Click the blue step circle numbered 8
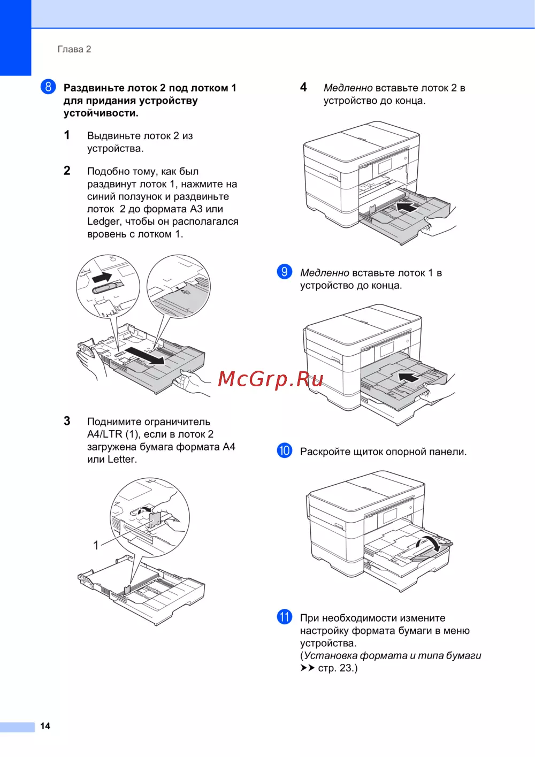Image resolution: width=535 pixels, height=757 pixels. [48, 87]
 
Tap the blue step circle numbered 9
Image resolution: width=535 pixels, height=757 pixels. [285, 272]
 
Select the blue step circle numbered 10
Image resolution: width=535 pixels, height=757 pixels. [285, 450]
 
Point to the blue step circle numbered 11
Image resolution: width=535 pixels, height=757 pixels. [285, 617]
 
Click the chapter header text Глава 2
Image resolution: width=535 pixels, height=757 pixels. [74, 49]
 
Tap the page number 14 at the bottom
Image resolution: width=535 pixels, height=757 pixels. [45, 726]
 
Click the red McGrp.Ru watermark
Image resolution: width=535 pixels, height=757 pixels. [271, 379]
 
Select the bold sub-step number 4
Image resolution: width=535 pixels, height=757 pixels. [303, 87]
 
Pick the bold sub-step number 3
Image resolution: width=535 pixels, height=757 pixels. [67, 421]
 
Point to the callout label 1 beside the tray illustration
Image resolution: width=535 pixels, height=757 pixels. [96, 545]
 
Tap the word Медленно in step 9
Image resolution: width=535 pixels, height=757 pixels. [324, 273]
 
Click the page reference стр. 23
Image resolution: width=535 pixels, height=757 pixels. [338, 668]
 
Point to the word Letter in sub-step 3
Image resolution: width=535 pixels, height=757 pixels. [121, 459]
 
